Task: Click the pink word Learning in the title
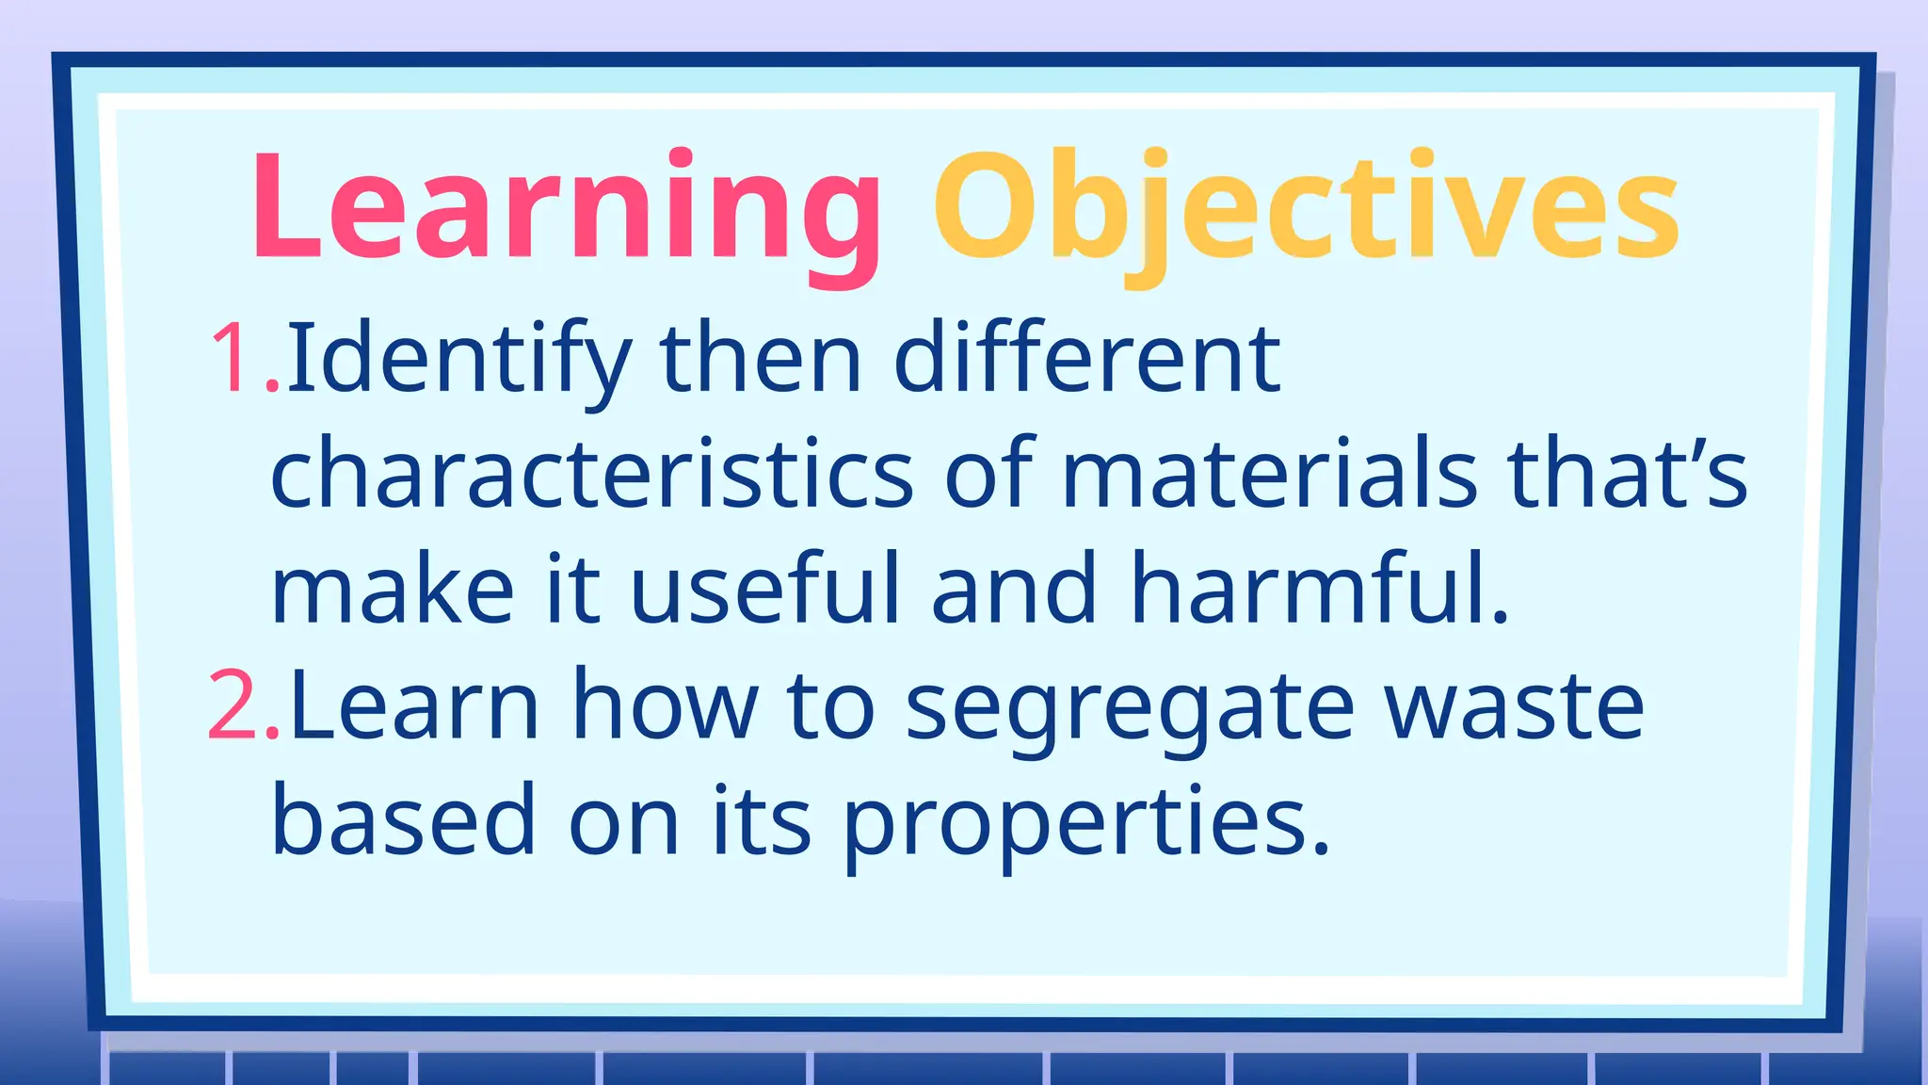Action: coord(565,207)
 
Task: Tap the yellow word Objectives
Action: coord(1306,207)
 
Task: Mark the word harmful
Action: coord(1318,589)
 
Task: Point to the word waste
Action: coord(1515,706)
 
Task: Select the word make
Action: coord(393,589)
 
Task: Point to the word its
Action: coord(761,819)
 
